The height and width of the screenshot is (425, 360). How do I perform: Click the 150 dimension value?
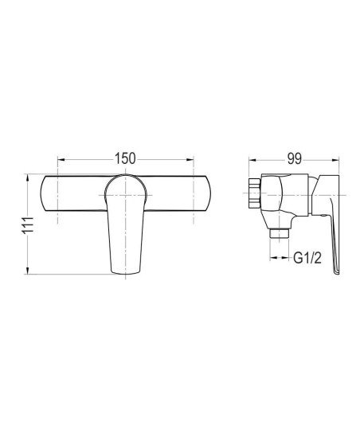[x=125, y=158]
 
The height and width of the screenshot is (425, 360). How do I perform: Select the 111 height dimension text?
[x=28, y=224]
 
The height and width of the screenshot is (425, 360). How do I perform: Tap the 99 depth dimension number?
[x=295, y=158]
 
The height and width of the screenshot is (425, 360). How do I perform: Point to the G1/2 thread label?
[x=307, y=258]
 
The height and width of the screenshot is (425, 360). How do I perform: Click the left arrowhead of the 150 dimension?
[x=61, y=160]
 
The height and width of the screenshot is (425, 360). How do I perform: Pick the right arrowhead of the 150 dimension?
[x=190, y=160]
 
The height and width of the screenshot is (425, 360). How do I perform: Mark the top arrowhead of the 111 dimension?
[x=27, y=178]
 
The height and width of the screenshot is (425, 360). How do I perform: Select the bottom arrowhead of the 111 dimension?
[x=27, y=271]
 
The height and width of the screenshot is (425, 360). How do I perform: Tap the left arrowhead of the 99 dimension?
[x=252, y=160]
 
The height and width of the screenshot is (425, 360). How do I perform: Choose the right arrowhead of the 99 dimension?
[x=335, y=160]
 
